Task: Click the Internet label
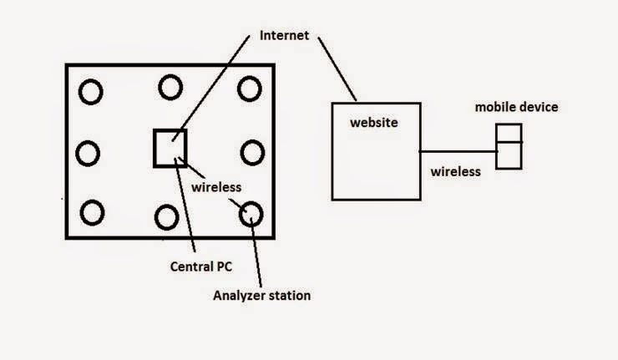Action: click(284, 35)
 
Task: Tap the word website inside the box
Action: click(374, 122)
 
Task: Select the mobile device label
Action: click(516, 107)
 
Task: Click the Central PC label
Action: click(201, 266)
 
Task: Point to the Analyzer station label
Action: click(261, 296)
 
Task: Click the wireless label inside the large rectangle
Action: click(216, 187)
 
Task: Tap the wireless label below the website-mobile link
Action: click(456, 171)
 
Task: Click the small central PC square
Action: click(154, 148)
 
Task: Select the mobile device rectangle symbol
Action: click(496, 147)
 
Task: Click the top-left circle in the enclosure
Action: click(79, 92)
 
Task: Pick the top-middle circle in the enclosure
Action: click(160, 87)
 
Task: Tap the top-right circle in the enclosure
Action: click(238, 89)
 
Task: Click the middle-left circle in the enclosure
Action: click(77, 153)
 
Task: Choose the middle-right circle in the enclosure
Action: click(241, 153)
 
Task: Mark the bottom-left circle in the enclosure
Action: click(81, 212)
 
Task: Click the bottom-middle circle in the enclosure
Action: click(155, 217)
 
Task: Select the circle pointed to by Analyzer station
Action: click(240, 215)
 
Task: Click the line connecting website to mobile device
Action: click(458, 151)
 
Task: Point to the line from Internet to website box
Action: click(337, 69)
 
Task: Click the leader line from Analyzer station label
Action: click(256, 252)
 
